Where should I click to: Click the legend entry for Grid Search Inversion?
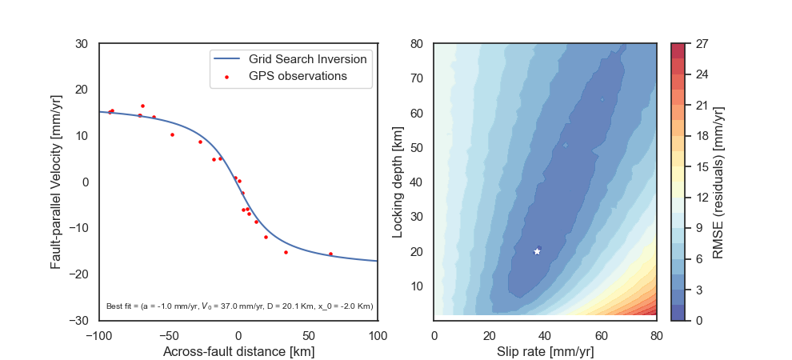pos(307,59)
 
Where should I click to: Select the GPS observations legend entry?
pos(297,76)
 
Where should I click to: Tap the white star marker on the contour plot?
pos(537,251)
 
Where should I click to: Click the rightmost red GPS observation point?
pos(330,254)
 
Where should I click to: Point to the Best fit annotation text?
pos(239,306)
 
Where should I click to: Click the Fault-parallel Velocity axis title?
pos(56,182)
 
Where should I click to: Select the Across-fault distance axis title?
pos(238,351)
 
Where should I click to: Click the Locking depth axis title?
pos(397,182)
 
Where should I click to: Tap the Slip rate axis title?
pos(545,351)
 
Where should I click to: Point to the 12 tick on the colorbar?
pos(699,198)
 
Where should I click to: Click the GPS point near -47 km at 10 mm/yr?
pos(172,134)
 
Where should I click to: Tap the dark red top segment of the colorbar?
pos(678,50)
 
